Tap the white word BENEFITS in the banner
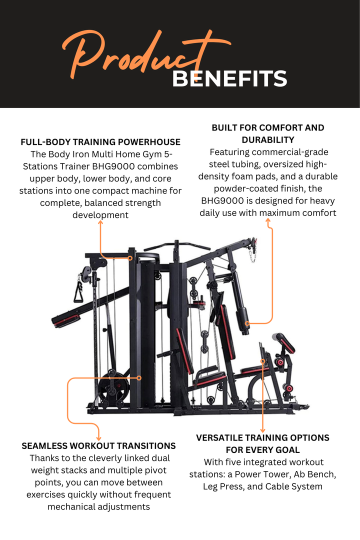[230, 79]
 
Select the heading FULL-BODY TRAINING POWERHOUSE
[100, 142]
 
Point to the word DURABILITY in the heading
[268, 140]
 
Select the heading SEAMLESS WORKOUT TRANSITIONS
[99, 446]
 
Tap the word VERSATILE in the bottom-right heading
[220, 437]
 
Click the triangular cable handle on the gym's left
[79, 291]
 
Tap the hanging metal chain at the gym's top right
[253, 251]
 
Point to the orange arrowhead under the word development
[100, 222]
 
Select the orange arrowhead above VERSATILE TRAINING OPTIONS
[263, 430]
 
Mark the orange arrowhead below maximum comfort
[268, 221]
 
